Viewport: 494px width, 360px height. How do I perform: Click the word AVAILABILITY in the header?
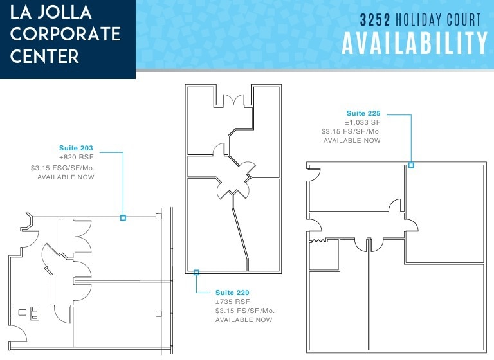415,43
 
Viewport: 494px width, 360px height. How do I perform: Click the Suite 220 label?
232,292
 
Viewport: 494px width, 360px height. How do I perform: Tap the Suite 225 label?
363,114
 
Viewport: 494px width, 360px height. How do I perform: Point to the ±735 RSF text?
232,301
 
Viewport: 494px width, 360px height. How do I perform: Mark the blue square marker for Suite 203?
123,218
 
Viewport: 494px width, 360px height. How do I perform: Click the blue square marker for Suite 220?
196,273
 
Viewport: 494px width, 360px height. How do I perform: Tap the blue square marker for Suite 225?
411,165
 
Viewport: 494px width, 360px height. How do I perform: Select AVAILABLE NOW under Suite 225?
352,140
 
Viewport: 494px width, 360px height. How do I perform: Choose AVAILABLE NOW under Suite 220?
244,319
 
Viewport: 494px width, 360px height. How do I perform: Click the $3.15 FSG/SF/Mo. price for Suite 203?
62,168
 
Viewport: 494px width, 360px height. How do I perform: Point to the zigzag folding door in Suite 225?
317,242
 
